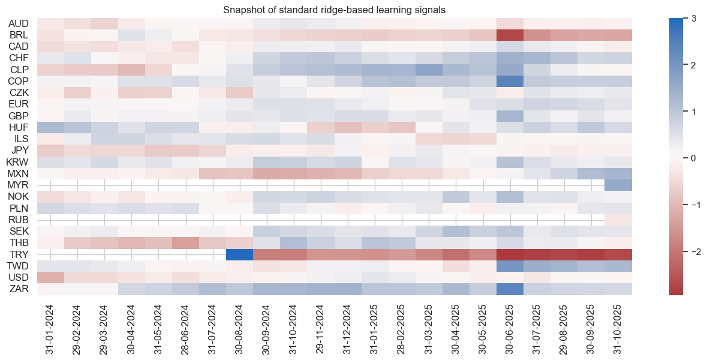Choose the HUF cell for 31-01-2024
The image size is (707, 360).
pyautogui.click(x=50, y=127)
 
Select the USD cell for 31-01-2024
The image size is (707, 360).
pyautogui.click(x=50, y=277)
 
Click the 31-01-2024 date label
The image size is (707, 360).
pyautogui.click(x=51, y=329)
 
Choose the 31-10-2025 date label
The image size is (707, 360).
pyautogui.click(x=618, y=329)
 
